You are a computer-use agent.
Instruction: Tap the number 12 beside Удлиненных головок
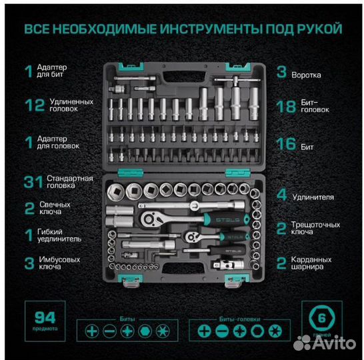29,105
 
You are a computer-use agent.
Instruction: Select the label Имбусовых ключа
65,263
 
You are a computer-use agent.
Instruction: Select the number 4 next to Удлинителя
281,195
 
